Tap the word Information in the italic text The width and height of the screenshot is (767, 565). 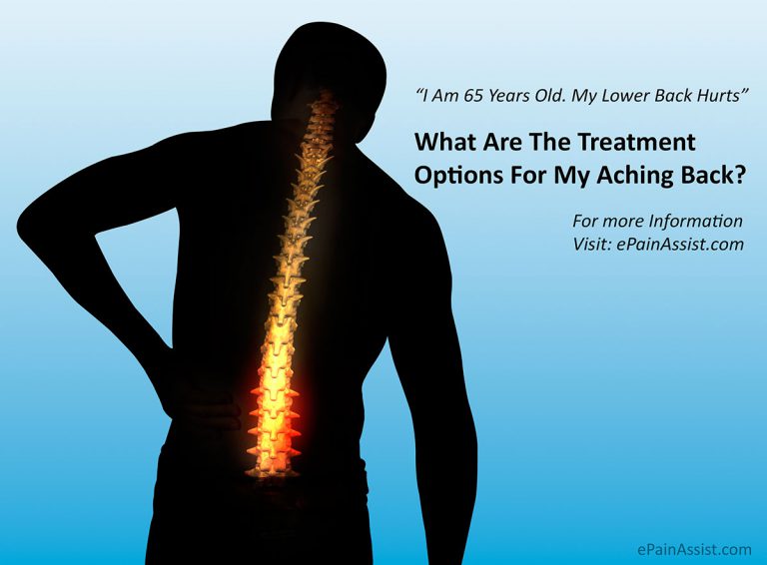691,221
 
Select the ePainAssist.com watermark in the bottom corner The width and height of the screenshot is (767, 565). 694,548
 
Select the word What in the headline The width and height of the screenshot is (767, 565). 444,142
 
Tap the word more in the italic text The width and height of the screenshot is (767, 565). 623,221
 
